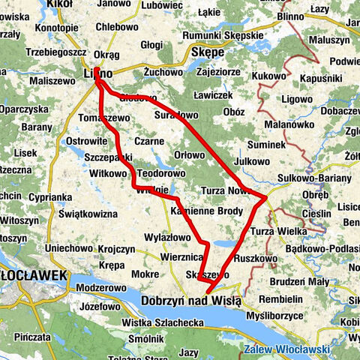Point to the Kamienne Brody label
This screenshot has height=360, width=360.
pos(207,211)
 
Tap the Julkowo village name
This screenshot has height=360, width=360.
pos(251,161)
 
